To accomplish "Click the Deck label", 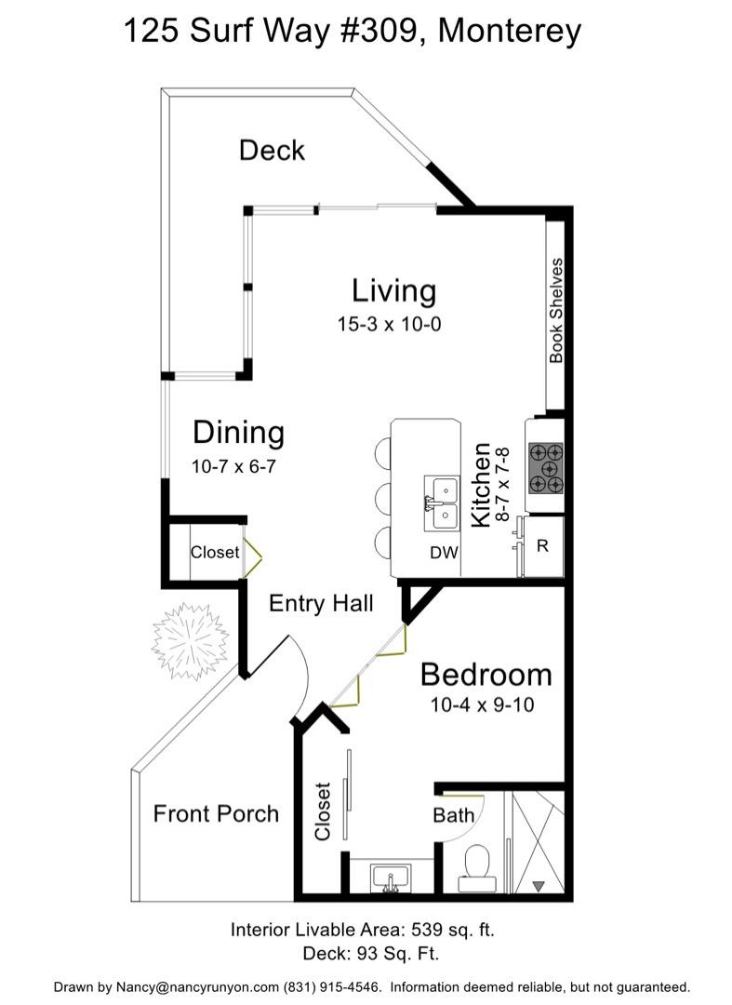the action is (x=272, y=151).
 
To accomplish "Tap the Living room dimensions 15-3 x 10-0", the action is (x=390, y=325).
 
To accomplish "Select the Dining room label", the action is (x=239, y=433).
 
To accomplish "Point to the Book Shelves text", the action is (x=556, y=310).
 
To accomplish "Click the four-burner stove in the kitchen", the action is (x=546, y=468).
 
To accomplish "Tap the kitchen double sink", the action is (x=442, y=503).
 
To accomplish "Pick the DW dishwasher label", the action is (x=444, y=553).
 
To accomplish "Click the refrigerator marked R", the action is (x=543, y=546).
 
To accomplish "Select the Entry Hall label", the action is (x=321, y=603).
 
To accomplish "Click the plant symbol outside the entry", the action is (x=190, y=641).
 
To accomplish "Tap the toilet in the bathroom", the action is (x=477, y=868).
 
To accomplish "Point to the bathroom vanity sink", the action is (x=391, y=878).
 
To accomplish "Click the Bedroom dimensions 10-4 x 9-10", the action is (x=482, y=705).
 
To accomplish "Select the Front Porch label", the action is (x=216, y=814).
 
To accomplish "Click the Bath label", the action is (x=453, y=815).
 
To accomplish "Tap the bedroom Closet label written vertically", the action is (x=322, y=811).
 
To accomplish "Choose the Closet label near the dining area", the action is (x=215, y=552).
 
